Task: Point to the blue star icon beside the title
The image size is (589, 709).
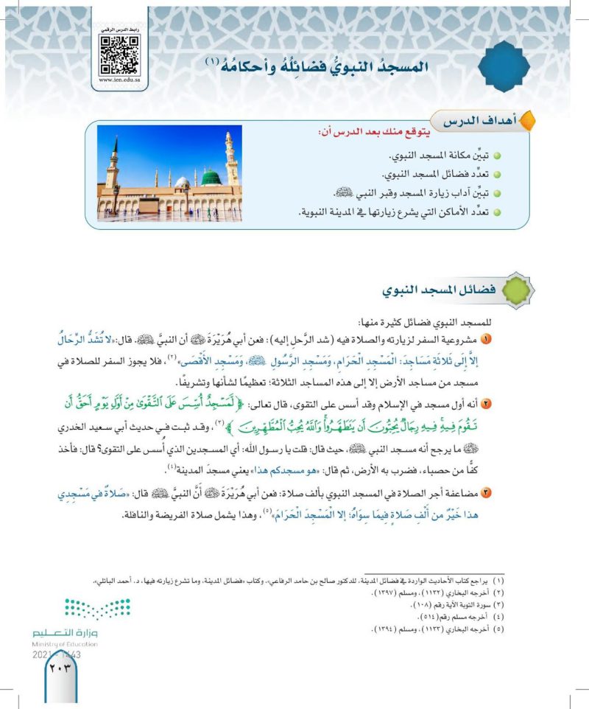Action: (x=509, y=66)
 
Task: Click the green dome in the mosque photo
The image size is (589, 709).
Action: (x=212, y=178)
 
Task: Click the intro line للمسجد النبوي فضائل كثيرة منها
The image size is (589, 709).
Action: (x=429, y=323)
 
